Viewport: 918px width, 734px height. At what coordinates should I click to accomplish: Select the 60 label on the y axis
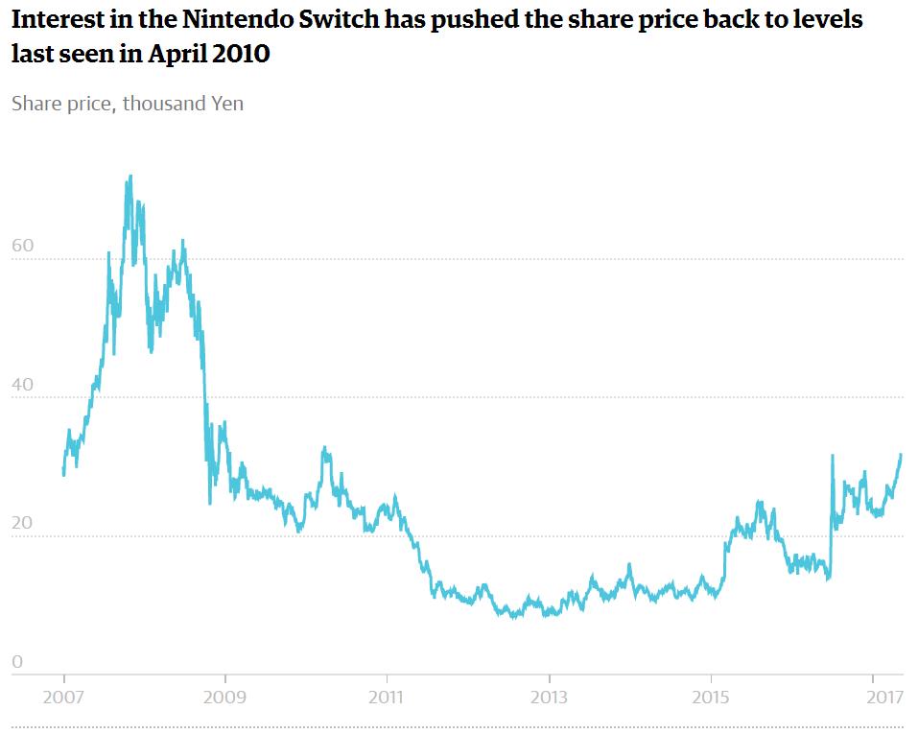click(22, 246)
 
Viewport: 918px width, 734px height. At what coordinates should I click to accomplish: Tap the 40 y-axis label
click(22, 385)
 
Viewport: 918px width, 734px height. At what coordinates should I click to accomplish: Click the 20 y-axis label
click(22, 524)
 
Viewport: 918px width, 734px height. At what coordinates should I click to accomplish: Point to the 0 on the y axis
click(17, 662)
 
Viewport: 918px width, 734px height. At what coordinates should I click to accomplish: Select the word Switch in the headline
click(359, 19)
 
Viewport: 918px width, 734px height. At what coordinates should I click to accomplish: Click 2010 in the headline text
click(243, 55)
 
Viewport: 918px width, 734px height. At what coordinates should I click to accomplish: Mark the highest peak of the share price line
click(129, 177)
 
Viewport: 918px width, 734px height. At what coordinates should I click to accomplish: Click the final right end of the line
click(902, 454)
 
